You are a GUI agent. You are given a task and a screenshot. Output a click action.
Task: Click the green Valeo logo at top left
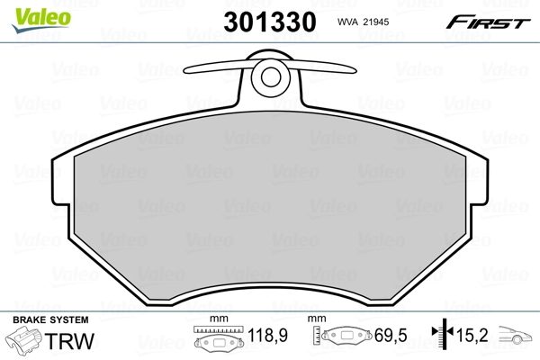[x=31, y=11]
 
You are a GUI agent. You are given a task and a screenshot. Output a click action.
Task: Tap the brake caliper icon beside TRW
[x=26, y=343]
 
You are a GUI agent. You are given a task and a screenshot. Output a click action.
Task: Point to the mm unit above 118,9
[x=216, y=320]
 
